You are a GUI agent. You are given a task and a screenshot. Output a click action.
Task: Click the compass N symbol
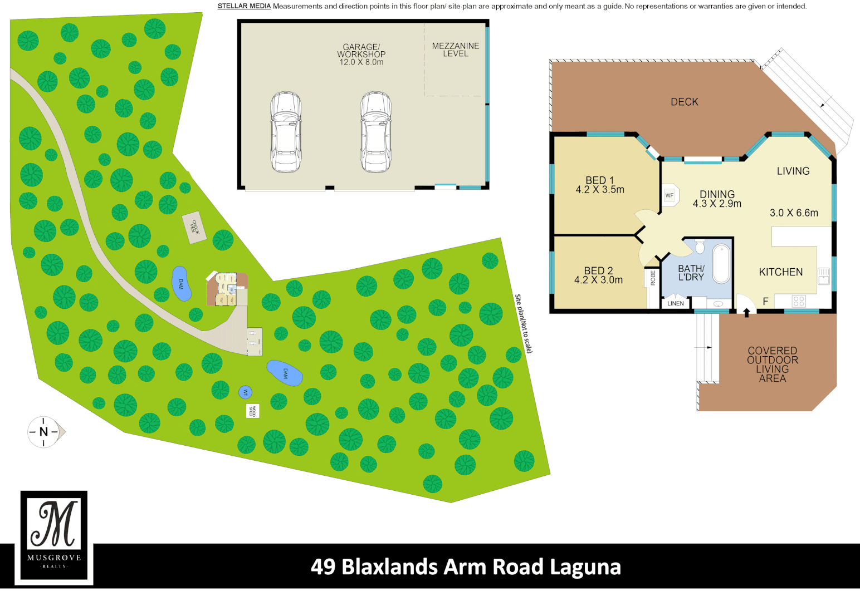tap(44, 432)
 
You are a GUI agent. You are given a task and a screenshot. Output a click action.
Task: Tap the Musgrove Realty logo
tap(54, 537)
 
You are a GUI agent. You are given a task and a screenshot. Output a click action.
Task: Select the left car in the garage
tap(286, 132)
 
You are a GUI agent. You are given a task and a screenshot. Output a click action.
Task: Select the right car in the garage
tap(375, 132)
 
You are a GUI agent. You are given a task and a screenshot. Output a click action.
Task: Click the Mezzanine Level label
tap(455, 50)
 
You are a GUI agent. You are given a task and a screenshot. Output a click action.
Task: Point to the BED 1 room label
tap(599, 180)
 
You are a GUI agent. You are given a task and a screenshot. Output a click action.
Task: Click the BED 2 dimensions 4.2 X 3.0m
tap(598, 280)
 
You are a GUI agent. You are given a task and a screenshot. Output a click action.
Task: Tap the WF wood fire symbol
tap(670, 195)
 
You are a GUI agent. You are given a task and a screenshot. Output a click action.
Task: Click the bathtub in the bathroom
tap(721, 264)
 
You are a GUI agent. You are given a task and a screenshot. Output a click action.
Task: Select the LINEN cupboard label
tap(675, 303)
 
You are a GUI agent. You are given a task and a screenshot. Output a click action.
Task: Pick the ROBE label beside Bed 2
tap(653, 278)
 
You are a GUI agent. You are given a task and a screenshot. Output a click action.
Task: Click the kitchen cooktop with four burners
tap(799, 301)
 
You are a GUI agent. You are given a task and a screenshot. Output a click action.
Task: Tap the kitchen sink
tap(823, 275)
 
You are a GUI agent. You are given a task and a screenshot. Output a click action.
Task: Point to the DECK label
tap(684, 102)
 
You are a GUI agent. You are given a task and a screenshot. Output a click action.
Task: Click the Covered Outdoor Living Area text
tap(772, 364)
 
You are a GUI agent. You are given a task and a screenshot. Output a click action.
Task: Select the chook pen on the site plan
tap(194, 227)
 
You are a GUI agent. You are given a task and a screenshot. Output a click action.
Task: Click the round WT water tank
tap(245, 392)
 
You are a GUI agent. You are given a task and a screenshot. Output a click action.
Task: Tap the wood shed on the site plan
tap(252, 411)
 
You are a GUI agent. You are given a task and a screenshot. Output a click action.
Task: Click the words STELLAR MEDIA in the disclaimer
tap(244, 6)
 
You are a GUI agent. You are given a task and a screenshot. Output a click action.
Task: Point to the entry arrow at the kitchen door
tap(746, 312)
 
